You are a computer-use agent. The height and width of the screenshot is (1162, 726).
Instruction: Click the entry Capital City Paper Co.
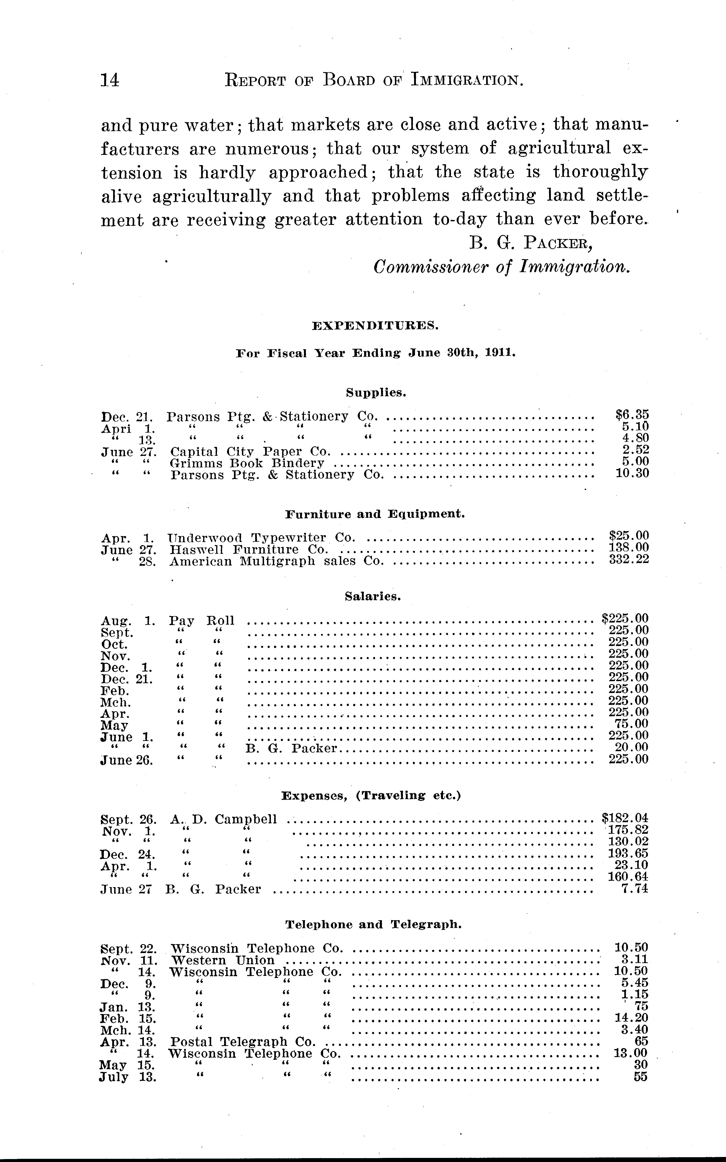pyautogui.click(x=251, y=451)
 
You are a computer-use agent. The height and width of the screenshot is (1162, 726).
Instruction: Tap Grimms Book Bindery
pyautogui.click(x=247, y=463)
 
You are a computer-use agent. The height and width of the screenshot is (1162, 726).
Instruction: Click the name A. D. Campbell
pyautogui.click(x=223, y=819)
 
